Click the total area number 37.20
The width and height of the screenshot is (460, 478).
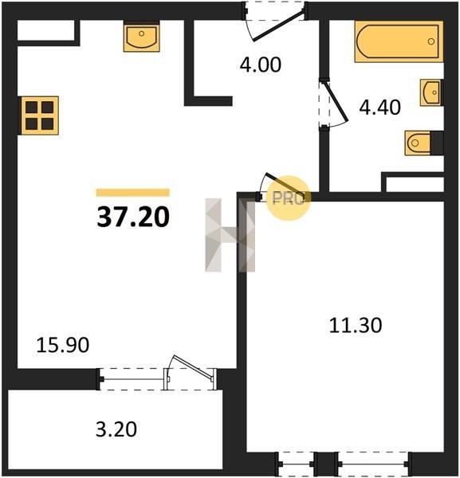tap(133, 217)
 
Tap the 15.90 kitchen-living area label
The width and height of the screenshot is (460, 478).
tap(62, 345)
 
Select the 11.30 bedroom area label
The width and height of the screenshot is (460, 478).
tap(356, 325)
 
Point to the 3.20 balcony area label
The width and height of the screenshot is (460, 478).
tap(116, 429)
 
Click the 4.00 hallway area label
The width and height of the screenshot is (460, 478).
tap(260, 65)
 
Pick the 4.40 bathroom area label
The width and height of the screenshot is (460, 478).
tap(379, 108)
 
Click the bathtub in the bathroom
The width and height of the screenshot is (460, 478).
tap(399, 41)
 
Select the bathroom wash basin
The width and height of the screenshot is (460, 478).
tap(431, 92)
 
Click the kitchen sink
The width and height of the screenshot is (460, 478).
tap(142, 37)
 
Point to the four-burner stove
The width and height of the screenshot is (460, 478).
tap(39, 116)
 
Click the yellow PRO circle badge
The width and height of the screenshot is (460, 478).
tap(289, 198)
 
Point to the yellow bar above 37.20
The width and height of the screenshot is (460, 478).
tap(132, 192)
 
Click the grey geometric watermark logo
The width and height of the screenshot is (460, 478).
tap(230, 235)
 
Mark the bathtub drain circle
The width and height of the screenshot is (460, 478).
tap(431, 41)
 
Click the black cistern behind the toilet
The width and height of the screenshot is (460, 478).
tap(437, 143)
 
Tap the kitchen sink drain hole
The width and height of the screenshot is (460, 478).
tap(142, 33)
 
